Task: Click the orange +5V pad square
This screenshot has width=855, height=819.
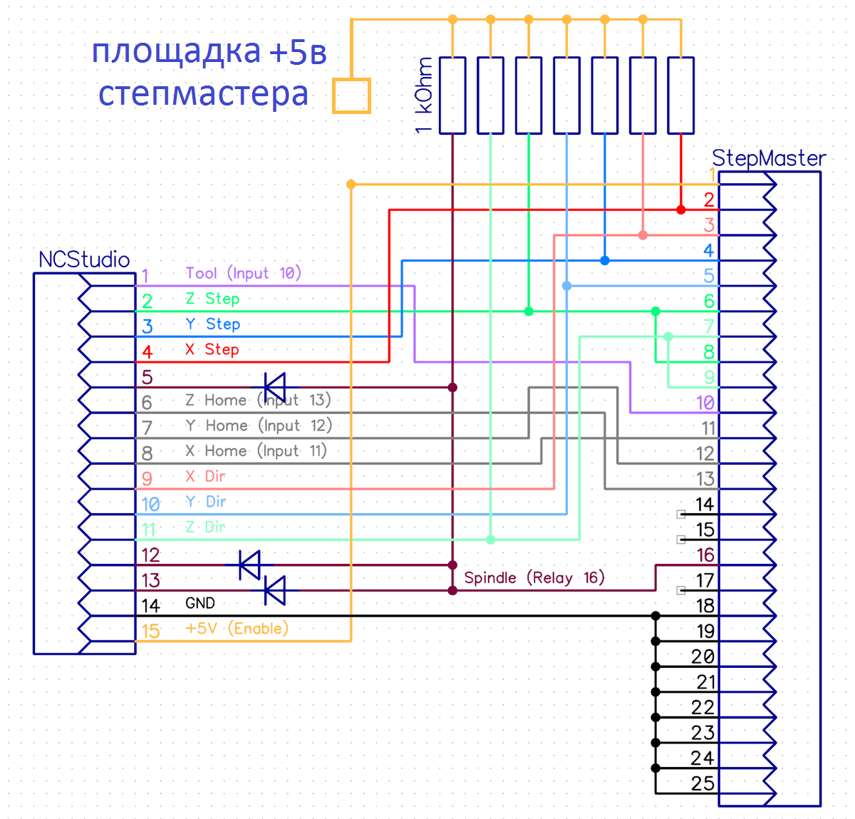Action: (x=351, y=96)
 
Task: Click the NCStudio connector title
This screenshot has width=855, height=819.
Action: (x=84, y=259)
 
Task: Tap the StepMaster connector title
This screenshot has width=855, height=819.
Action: (x=769, y=158)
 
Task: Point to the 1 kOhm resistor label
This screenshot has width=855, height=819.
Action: (x=424, y=96)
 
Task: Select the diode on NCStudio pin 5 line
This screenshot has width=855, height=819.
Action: (x=274, y=388)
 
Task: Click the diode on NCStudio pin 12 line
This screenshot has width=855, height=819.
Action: (x=249, y=565)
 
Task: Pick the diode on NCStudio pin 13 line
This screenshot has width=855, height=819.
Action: (x=274, y=591)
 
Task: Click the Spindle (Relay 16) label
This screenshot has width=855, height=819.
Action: (x=534, y=577)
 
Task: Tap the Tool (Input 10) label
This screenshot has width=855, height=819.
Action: (x=243, y=273)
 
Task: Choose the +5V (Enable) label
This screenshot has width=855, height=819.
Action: (x=237, y=628)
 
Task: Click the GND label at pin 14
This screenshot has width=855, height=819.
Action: (x=200, y=603)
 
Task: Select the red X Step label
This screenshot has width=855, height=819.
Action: (x=212, y=349)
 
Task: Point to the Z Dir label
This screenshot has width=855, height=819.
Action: (x=205, y=527)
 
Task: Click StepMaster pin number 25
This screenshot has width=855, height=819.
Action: (x=703, y=783)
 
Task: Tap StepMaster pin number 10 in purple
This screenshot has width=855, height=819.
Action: (x=705, y=403)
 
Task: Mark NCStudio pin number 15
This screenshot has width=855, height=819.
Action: (x=150, y=631)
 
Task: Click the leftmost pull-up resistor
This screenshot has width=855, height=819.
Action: (x=452, y=96)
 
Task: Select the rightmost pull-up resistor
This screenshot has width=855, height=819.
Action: (x=680, y=96)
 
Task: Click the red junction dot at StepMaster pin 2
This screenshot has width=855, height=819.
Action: (x=681, y=210)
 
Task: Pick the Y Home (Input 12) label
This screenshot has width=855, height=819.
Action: (x=258, y=426)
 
